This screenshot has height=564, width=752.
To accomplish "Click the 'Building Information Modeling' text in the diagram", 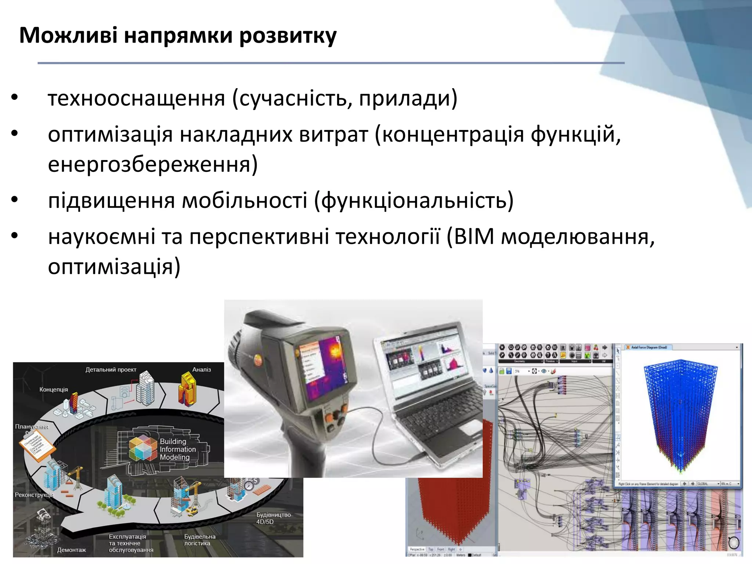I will pos(177,449).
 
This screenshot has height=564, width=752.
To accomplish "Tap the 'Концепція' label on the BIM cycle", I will pos(54,390).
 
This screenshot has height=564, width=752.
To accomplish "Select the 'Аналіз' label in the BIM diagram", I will pos(202,370).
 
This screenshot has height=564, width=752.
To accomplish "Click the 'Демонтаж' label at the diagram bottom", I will pos(71,550).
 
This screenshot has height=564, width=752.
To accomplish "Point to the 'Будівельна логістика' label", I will pos(199,540).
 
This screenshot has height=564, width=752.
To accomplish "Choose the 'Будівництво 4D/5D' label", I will pos(273,518).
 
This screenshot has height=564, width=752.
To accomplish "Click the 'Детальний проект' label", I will pos(111,370).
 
